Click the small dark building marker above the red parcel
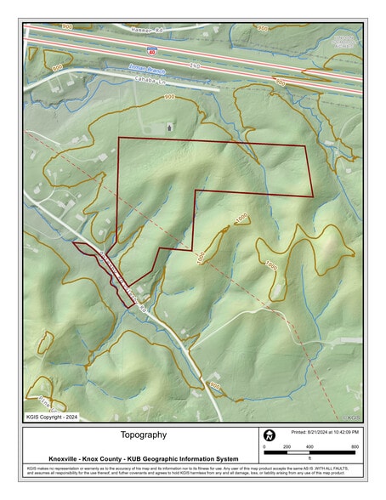coord(171,127)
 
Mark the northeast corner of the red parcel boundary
coord(306,146)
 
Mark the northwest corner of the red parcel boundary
coord(117,137)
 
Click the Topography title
coord(144,435)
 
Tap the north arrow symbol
coord(270,435)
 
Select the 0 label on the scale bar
coord(264,447)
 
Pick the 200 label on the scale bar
coord(287,447)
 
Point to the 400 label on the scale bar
coord(309,447)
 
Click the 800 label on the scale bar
coord(355,447)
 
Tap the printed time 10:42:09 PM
coord(343,431)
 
